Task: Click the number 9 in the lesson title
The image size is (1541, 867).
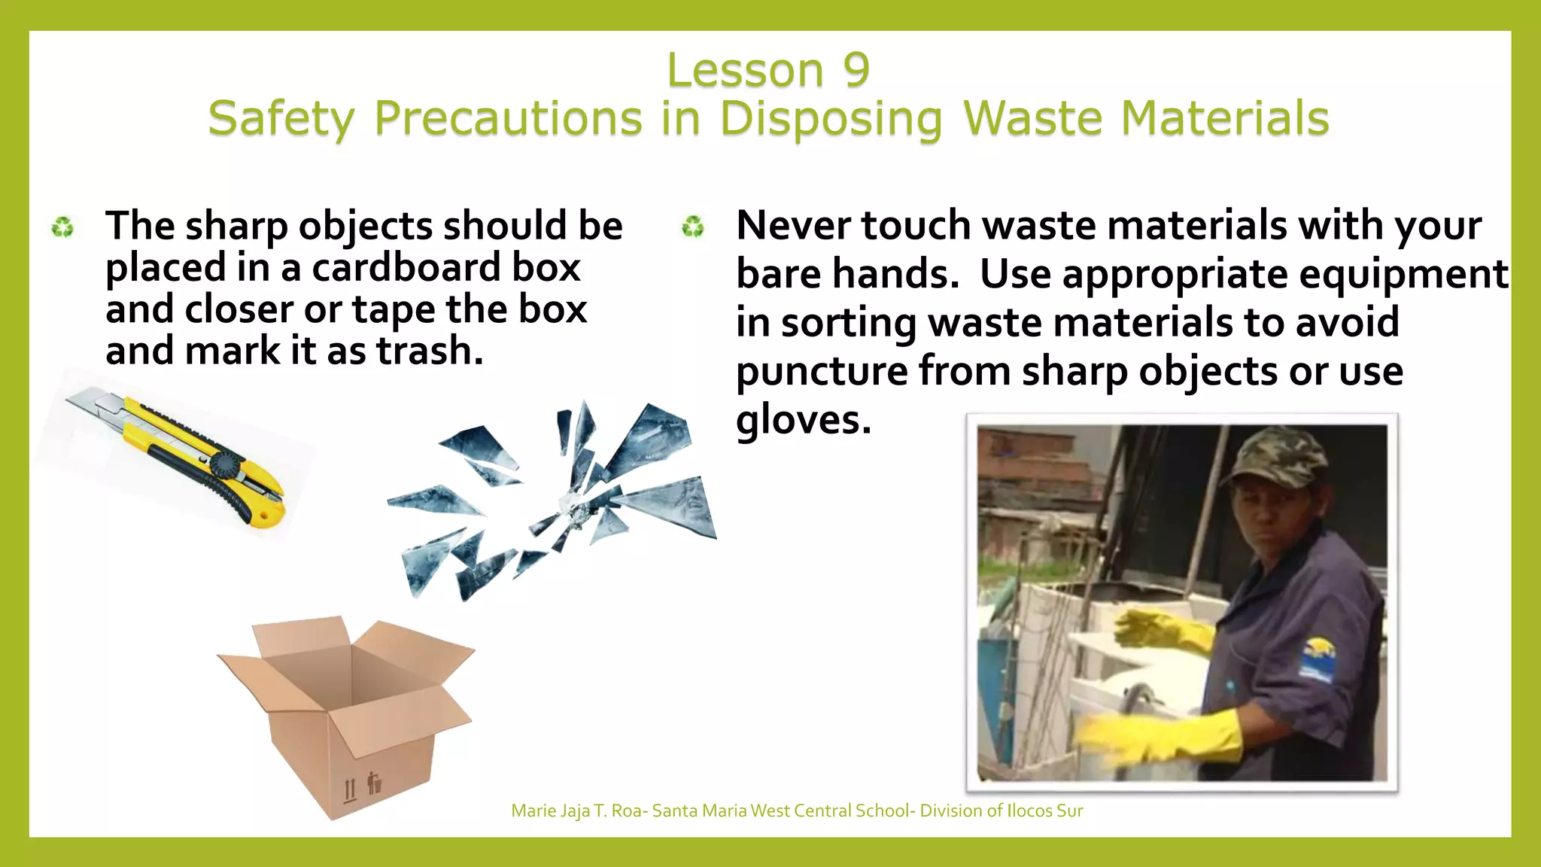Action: point(856,71)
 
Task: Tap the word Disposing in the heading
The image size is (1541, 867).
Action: point(830,119)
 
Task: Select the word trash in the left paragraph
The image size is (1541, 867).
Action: point(428,351)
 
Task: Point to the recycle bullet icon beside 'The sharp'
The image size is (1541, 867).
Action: point(62,227)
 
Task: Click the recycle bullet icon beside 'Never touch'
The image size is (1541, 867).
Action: point(692,226)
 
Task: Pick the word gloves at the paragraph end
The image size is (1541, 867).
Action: point(802,420)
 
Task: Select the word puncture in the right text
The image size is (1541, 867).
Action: point(821,371)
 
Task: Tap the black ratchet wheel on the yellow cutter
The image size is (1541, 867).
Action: point(224,465)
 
